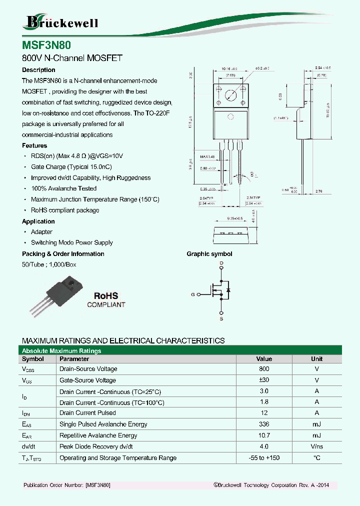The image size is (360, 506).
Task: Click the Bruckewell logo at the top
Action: pos(61,21)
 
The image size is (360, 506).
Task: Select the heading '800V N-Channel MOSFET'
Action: pos(72,58)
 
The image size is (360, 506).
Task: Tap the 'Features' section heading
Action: pos(34,145)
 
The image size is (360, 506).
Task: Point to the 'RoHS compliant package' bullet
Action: pos(65,210)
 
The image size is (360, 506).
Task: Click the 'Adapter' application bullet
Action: pos(41,231)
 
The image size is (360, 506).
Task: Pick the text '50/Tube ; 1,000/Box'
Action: pos(49,264)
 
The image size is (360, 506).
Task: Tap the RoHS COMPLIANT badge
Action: pos(106,300)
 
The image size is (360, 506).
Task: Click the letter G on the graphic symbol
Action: pos(192,294)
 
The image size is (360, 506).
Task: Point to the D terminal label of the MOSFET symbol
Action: pos(221,263)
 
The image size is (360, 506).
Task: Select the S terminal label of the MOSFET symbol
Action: pos(221,318)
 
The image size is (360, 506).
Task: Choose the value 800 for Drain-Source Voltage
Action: pos(264,368)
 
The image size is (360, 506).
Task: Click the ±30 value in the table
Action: pos(264,380)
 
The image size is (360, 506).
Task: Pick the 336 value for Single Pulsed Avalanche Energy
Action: pos(264,424)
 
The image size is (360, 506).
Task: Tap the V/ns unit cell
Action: pos(316,446)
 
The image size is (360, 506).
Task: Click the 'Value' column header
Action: pos(264,358)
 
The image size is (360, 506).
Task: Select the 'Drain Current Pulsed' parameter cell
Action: pos(87,412)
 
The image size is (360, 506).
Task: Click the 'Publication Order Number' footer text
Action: pos(67,485)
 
